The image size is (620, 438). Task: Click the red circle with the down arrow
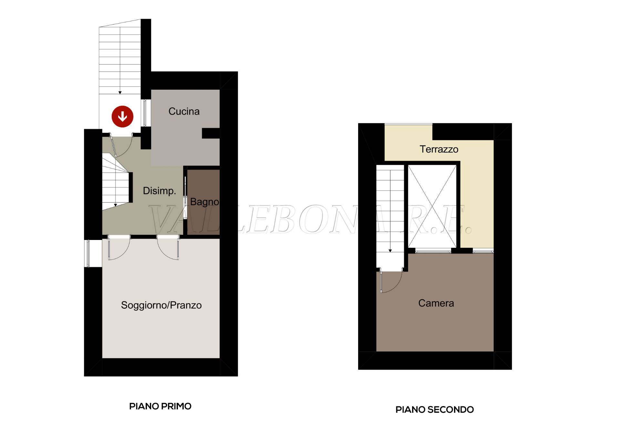point(122,116)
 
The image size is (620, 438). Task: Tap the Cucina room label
point(184,111)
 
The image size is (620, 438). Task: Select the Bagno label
point(204,202)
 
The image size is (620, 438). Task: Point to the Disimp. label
point(160,191)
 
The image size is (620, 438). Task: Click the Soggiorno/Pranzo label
point(161,305)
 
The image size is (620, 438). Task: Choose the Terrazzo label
point(439,149)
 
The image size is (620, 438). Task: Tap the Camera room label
point(436,303)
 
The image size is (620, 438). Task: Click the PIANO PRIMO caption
point(160,406)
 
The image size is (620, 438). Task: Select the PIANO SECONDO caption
point(435,410)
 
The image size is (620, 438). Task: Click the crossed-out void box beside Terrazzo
point(432,206)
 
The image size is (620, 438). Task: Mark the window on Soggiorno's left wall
point(87,254)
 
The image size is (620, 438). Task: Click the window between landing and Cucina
point(145,113)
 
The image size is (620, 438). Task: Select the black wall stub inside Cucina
point(211,133)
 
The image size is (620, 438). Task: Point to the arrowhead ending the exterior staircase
point(120,93)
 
